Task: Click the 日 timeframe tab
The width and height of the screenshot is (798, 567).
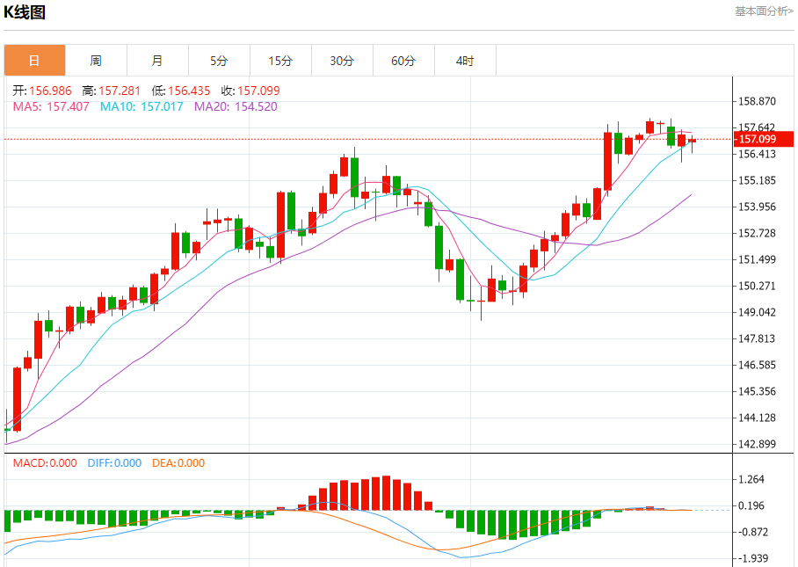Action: [x=34, y=61]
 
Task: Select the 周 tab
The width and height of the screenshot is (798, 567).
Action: [x=96, y=61]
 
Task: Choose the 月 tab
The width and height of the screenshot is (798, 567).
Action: [x=157, y=61]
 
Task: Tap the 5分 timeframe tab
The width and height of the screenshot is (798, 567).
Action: [x=219, y=61]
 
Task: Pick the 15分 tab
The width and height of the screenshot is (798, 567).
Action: [x=280, y=61]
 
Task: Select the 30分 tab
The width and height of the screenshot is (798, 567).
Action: [x=342, y=61]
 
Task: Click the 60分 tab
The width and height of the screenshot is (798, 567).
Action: [x=403, y=61]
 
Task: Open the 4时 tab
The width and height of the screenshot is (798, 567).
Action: [x=465, y=61]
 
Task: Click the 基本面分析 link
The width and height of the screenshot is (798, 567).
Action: [x=764, y=11]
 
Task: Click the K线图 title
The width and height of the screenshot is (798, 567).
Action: [x=25, y=12]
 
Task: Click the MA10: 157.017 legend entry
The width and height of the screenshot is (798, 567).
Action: [x=141, y=106]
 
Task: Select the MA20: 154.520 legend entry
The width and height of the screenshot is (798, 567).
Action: [x=236, y=106]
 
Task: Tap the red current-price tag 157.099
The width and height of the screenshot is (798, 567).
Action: [x=764, y=139]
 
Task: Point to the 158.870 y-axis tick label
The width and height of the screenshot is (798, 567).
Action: [x=758, y=101]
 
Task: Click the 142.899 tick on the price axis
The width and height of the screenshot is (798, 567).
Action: [x=758, y=444]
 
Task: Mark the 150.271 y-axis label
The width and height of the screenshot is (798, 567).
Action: [x=758, y=286]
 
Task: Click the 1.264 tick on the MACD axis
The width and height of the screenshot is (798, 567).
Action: [x=754, y=479]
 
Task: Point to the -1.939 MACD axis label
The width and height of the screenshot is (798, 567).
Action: [x=753, y=558]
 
